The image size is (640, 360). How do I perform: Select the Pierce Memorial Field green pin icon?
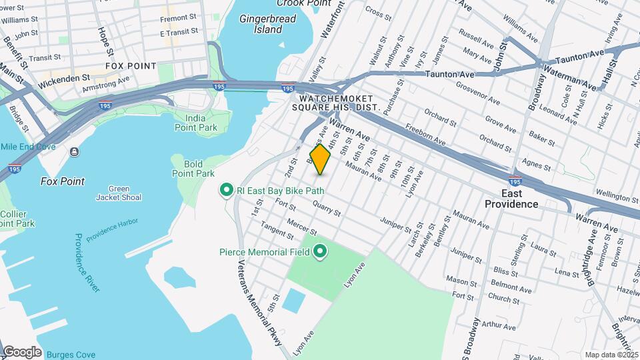click(x=320, y=252)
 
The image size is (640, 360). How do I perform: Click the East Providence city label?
click(x=511, y=198)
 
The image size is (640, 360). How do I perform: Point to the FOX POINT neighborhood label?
click(x=131, y=66)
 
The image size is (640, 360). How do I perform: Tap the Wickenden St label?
click(x=64, y=78)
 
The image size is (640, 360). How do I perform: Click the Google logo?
click(x=22, y=352)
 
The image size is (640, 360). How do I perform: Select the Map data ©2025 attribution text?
click(x=610, y=355)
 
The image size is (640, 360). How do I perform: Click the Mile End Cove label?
click(x=27, y=147)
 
